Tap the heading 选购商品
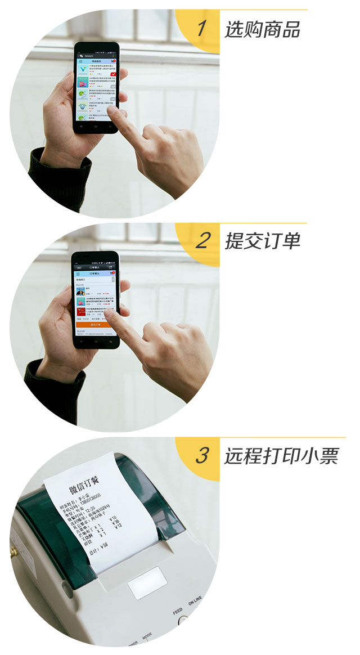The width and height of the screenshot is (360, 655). (x=262, y=29)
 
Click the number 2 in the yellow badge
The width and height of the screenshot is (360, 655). (x=201, y=241)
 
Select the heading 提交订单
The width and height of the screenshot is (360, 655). (x=262, y=241)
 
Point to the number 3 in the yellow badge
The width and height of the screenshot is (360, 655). (x=201, y=456)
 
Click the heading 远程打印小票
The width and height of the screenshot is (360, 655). (x=281, y=456)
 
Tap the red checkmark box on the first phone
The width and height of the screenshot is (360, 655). (x=113, y=74)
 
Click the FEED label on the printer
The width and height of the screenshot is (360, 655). (x=178, y=610)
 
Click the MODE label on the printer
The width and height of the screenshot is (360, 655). (x=147, y=636)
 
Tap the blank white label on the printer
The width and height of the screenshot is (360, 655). (x=147, y=583)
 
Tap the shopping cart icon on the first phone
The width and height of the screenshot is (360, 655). (x=113, y=61)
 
